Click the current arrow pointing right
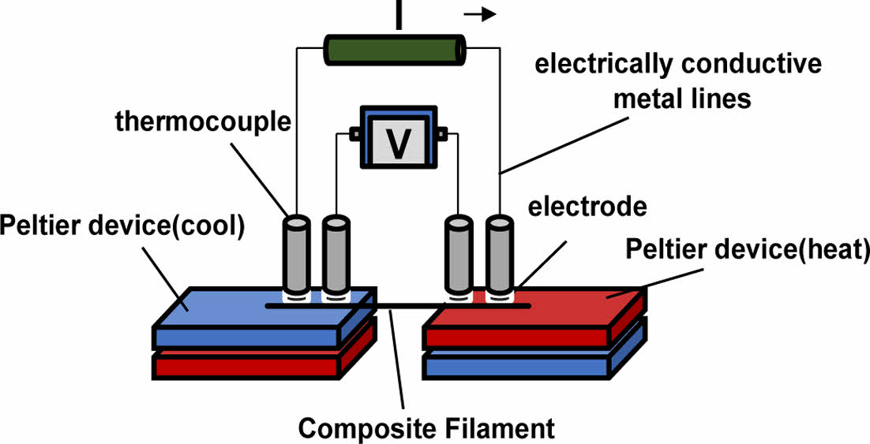point(479,13)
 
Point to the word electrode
point(587,207)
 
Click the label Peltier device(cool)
point(123,225)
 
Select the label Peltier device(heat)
point(747,251)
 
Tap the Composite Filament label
point(426,429)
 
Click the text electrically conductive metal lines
point(677,82)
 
